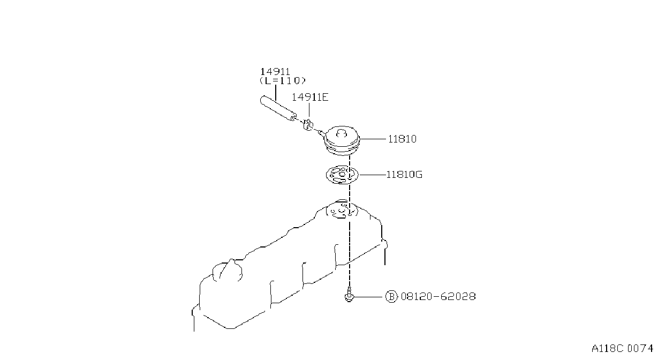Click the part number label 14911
275,72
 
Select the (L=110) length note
283,80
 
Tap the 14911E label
310,97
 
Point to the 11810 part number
402,139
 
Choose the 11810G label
404,175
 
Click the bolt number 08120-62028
438,297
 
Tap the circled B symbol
391,297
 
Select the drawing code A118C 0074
622,349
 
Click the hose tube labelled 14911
278,108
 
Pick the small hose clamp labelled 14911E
308,125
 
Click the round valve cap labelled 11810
342,141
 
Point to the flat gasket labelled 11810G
342,175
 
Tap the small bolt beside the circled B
349,295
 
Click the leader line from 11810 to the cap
373,139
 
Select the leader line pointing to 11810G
372,175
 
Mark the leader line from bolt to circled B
369,297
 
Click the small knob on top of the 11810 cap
342,133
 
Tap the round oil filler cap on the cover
228,271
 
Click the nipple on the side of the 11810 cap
322,133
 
